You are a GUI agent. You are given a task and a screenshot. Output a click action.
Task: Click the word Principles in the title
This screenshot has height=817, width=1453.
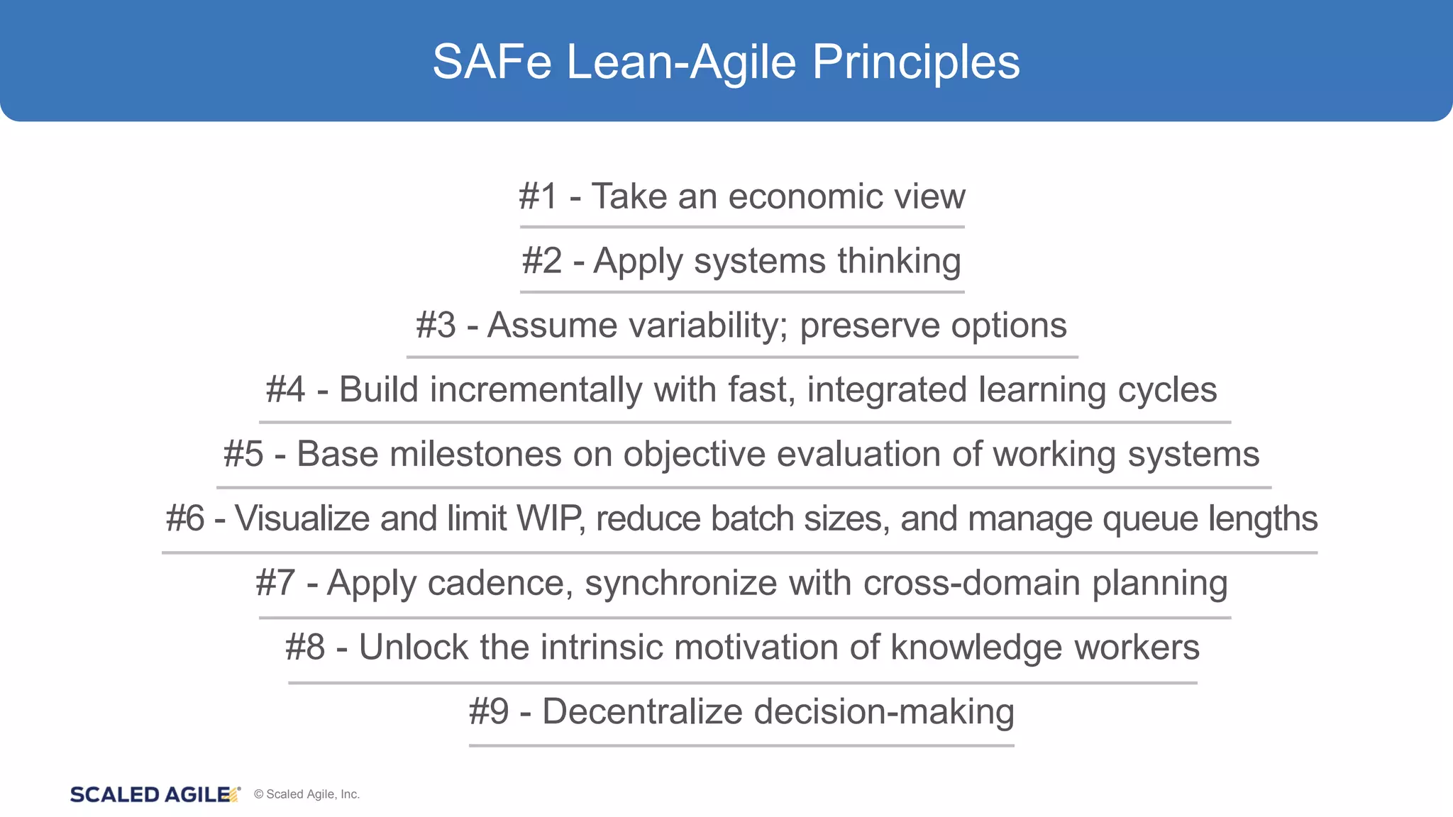(915, 62)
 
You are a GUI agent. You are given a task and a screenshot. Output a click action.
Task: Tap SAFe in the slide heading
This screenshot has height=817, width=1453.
(492, 62)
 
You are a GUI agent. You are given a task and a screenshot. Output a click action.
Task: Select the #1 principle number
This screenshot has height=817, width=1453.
(538, 196)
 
